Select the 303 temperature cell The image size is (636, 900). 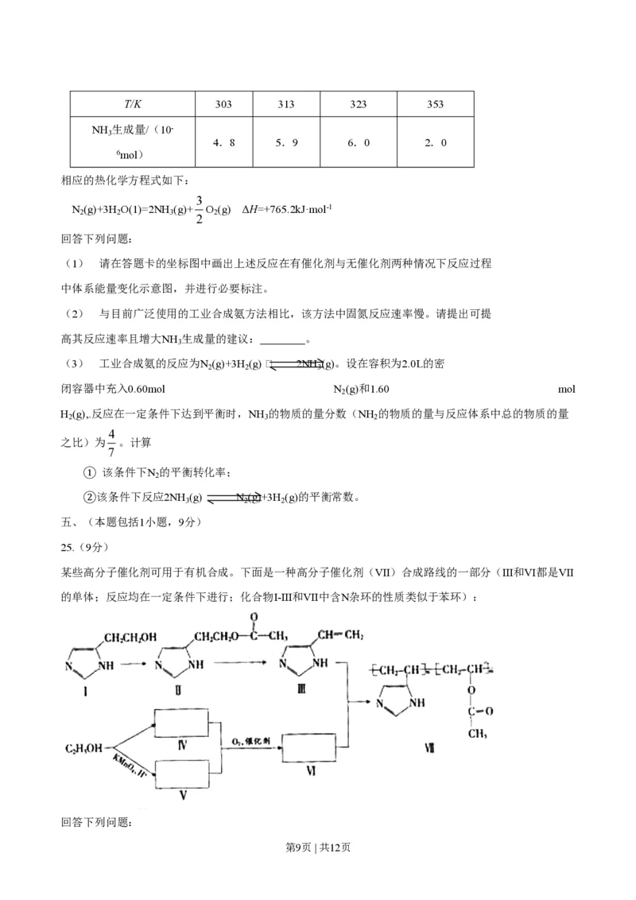point(223,104)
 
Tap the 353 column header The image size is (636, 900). point(435,104)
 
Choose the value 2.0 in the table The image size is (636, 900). point(435,143)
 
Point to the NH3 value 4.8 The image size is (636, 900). point(223,143)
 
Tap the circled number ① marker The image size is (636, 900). point(90,473)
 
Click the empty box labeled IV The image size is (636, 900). point(182,722)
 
